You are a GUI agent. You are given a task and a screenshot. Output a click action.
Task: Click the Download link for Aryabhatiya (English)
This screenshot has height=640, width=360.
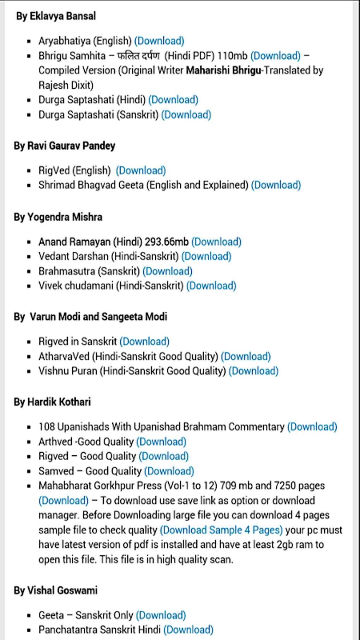pos(159,41)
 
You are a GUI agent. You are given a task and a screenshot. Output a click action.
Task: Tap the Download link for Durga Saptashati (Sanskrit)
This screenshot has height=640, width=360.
pos(186,115)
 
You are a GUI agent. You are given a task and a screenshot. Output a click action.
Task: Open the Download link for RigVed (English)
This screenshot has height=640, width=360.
pos(141,171)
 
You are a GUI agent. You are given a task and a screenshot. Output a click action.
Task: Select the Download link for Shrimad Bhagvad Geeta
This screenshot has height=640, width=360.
pos(276,185)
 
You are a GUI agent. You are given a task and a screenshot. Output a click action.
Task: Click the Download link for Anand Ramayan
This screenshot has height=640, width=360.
pos(216,242)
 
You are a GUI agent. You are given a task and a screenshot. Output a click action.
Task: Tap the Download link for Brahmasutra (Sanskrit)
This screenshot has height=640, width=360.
pos(167,271)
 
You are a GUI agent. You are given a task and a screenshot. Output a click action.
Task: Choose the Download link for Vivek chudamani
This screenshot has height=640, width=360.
pos(211,286)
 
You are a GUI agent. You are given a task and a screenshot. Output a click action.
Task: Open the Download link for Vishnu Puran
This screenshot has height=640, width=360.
pos(253,371)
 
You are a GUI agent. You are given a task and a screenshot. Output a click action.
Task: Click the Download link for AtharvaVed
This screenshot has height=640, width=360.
pos(246,357)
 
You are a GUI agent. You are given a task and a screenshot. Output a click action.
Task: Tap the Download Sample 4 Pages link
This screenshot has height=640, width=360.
pos(221,530)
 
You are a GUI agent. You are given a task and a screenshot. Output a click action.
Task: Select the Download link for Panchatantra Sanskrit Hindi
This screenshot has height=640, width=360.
pos(188,630)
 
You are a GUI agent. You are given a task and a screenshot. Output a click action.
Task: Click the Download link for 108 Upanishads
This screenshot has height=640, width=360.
pos(312,427)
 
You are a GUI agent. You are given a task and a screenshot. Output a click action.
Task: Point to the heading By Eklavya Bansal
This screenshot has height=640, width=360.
pos(56,16)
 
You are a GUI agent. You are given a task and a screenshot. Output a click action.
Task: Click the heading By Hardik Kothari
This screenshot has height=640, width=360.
pos(52,402)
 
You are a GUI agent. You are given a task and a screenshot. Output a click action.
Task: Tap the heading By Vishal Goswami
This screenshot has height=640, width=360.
pos(55,590)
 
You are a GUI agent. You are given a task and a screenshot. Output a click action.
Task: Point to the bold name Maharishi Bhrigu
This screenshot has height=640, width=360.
pos(223,70)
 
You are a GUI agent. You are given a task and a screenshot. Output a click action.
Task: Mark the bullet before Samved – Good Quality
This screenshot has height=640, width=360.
pos(29,472)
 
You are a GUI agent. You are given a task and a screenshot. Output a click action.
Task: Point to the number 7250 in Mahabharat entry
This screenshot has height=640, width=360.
pos(285,486)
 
